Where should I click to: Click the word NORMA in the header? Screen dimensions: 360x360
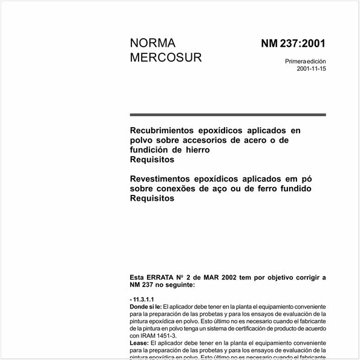(x=152, y=44)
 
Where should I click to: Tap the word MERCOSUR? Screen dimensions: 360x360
(x=166, y=58)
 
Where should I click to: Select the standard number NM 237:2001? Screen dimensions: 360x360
(x=293, y=44)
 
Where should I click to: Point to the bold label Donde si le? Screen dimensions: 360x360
(x=146, y=307)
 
